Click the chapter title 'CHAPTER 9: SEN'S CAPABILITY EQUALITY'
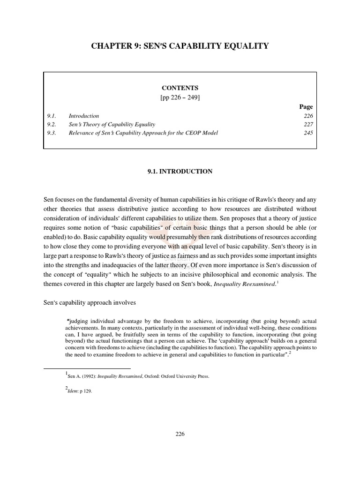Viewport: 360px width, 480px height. [180, 46]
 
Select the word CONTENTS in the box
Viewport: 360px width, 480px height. [180, 88]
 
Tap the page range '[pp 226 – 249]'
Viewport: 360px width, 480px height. [180, 97]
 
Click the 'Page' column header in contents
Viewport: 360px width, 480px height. [306, 107]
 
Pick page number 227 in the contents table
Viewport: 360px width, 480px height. [308, 124]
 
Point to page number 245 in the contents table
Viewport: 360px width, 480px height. [308, 133]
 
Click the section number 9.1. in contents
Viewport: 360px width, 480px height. [52, 116]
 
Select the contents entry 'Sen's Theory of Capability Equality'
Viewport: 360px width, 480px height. [112, 124]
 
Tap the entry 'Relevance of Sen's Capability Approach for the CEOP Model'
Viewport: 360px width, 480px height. [143, 133]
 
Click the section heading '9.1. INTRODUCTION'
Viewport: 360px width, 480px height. [180, 172]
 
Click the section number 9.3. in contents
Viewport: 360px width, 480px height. [52, 133]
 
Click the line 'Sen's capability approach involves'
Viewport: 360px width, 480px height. [90, 303]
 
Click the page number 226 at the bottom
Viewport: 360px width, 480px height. [180, 434]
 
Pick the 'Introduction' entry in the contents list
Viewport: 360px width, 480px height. [84, 116]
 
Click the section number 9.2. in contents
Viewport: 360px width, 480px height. [52, 124]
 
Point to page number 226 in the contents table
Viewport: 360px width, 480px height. [308, 116]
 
